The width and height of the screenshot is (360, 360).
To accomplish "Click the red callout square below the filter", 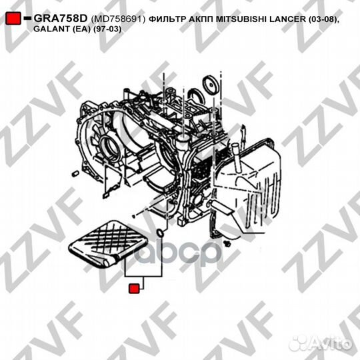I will (133, 289).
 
